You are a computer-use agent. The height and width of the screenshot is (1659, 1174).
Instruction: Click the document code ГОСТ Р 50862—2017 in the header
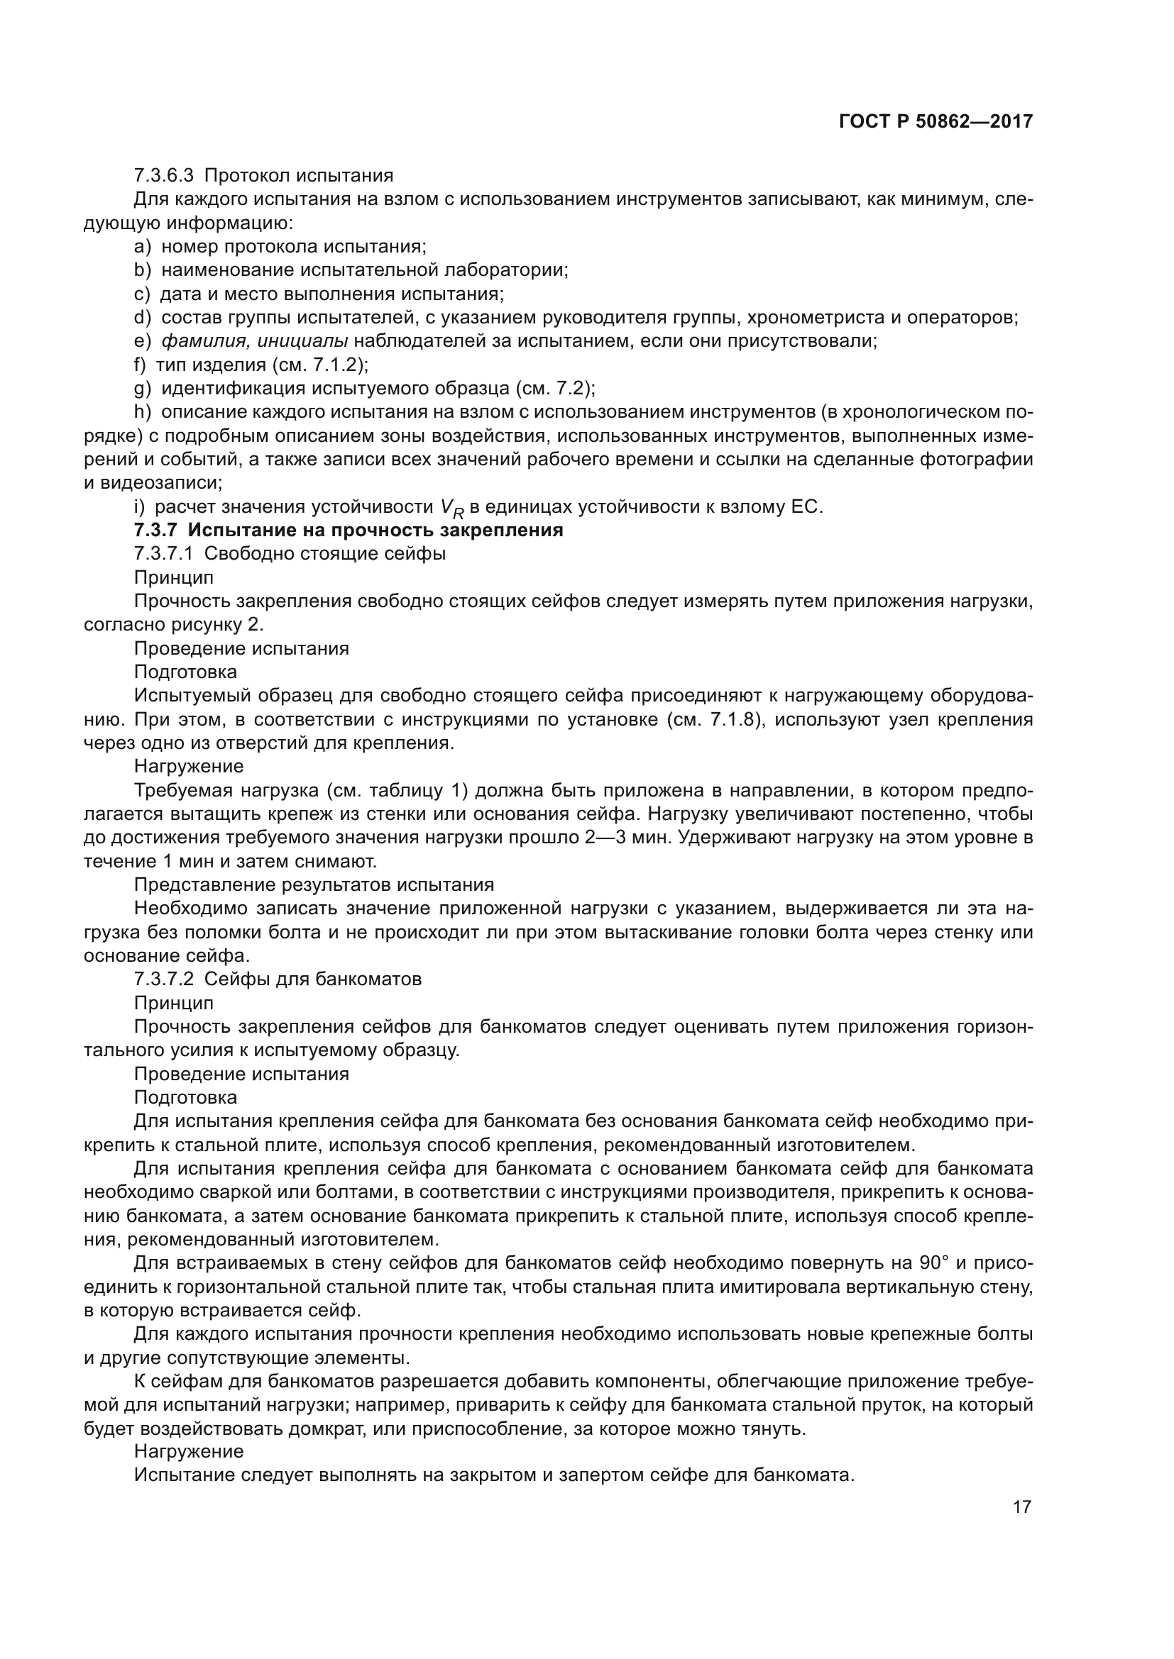(936, 121)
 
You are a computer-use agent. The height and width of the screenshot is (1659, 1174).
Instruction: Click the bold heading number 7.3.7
(155, 531)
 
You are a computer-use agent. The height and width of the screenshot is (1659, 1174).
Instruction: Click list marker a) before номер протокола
(142, 246)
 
